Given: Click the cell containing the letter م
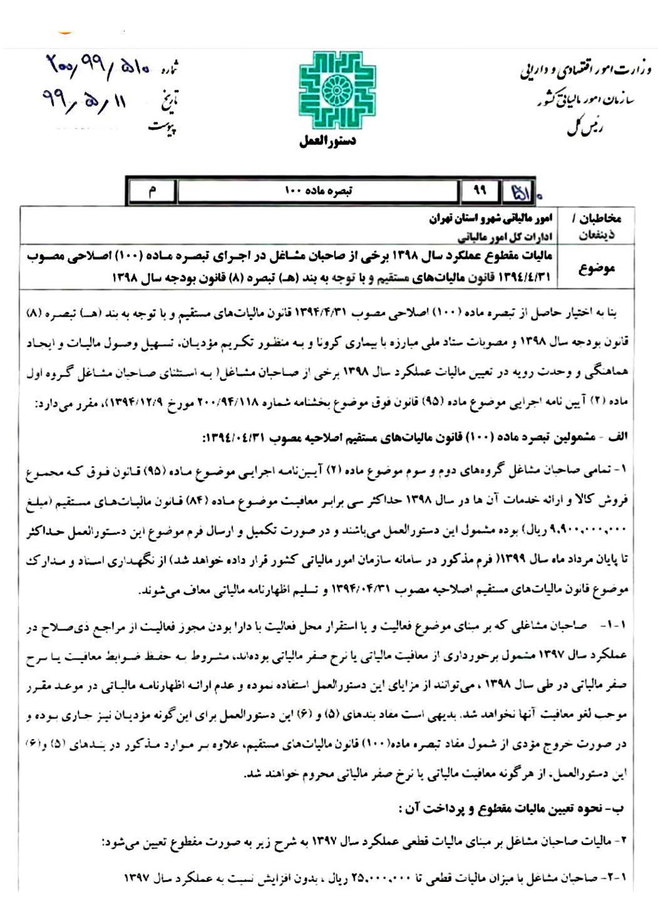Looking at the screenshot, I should point(153,191).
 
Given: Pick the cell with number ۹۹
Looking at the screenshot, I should point(480,191).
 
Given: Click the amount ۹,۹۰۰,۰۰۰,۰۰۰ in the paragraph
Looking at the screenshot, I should point(586,528).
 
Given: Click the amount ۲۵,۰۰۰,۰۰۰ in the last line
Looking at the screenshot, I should point(382,879).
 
